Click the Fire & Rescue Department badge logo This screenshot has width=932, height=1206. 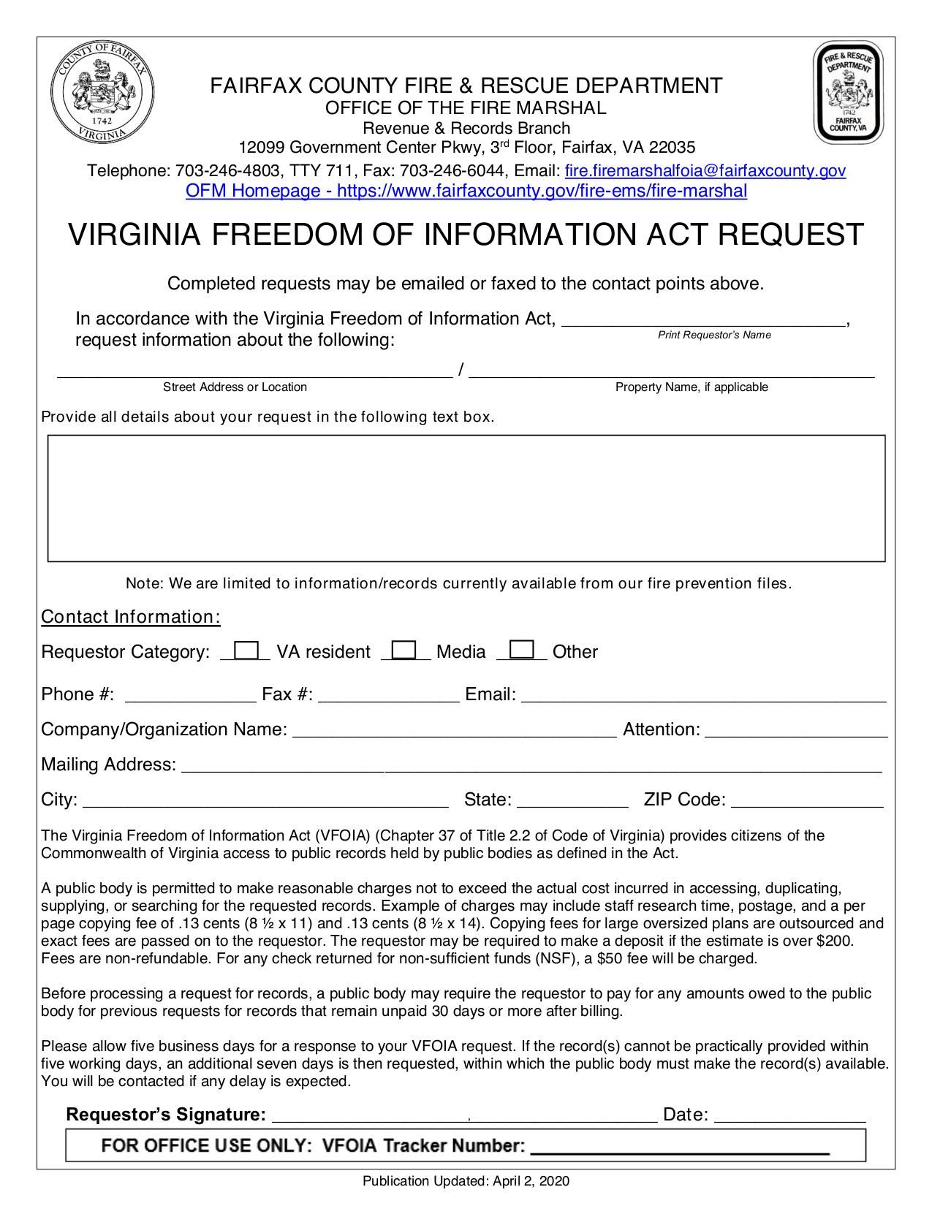849,93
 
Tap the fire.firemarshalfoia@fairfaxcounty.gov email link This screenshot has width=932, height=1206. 705,171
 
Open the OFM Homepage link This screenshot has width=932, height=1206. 466,191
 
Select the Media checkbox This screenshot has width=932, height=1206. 404,650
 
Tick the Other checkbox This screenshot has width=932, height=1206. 522,649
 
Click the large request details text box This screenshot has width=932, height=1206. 466,498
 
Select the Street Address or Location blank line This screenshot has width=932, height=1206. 254,373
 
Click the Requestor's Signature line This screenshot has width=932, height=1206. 464,1117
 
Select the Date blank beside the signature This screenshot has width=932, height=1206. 789,1117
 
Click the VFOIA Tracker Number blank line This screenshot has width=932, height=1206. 680,1148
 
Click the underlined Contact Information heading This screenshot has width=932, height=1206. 131,617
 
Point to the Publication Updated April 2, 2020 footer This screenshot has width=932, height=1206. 466,1181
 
